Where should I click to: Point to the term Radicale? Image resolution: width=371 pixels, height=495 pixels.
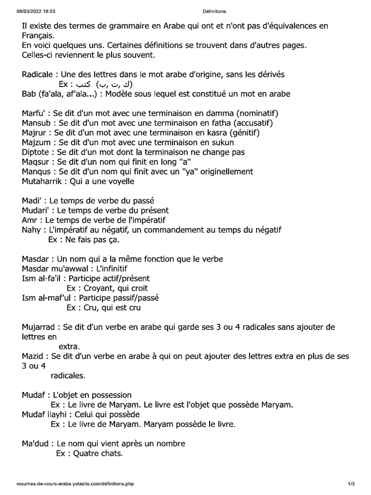(x=40, y=74)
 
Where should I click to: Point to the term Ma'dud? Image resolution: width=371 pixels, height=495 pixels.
(x=37, y=443)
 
